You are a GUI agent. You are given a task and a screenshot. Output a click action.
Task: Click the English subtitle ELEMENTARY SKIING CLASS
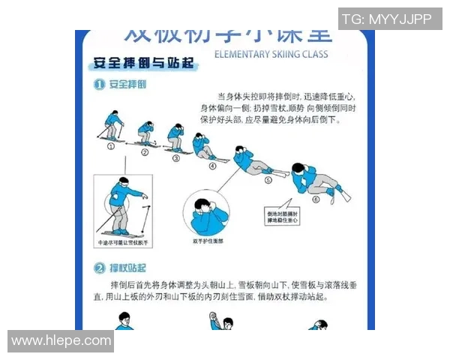coord(271,54)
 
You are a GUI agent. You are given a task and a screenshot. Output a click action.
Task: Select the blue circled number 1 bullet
coord(98,85)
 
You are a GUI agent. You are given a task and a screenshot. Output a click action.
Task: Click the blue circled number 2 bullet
coord(98,267)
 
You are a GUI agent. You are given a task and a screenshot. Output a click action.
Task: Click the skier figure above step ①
coord(111,129)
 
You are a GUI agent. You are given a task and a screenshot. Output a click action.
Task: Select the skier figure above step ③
coord(175,138)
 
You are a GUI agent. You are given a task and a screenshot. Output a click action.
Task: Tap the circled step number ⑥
coord(316,199)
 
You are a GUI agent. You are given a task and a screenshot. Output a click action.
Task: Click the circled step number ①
coord(111,146)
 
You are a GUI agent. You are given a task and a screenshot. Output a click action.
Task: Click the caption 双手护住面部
coord(208,241)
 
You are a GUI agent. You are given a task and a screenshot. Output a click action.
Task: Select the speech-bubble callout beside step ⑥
coord(283,217)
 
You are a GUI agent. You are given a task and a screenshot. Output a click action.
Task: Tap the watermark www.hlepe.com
coord(60,341)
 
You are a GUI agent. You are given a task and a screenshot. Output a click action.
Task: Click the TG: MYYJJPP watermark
coord(388,19)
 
